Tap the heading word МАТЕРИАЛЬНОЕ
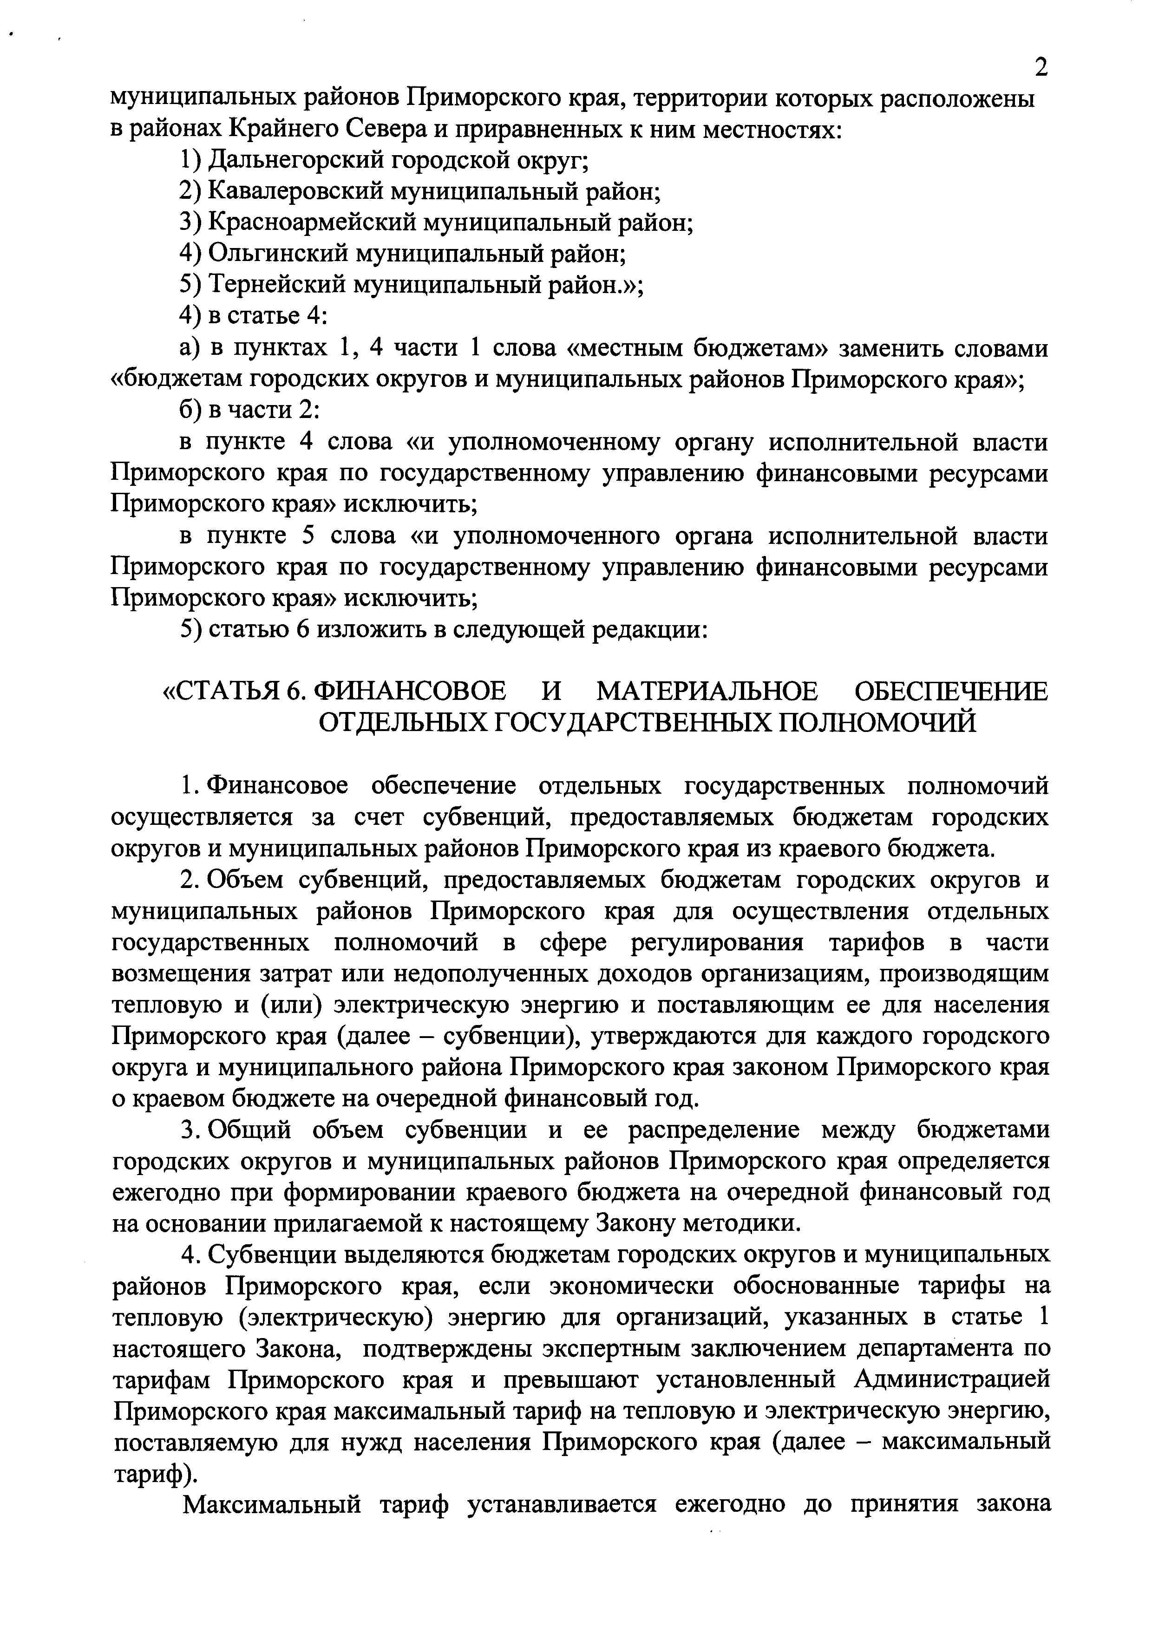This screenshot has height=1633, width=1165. [x=707, y=692]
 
